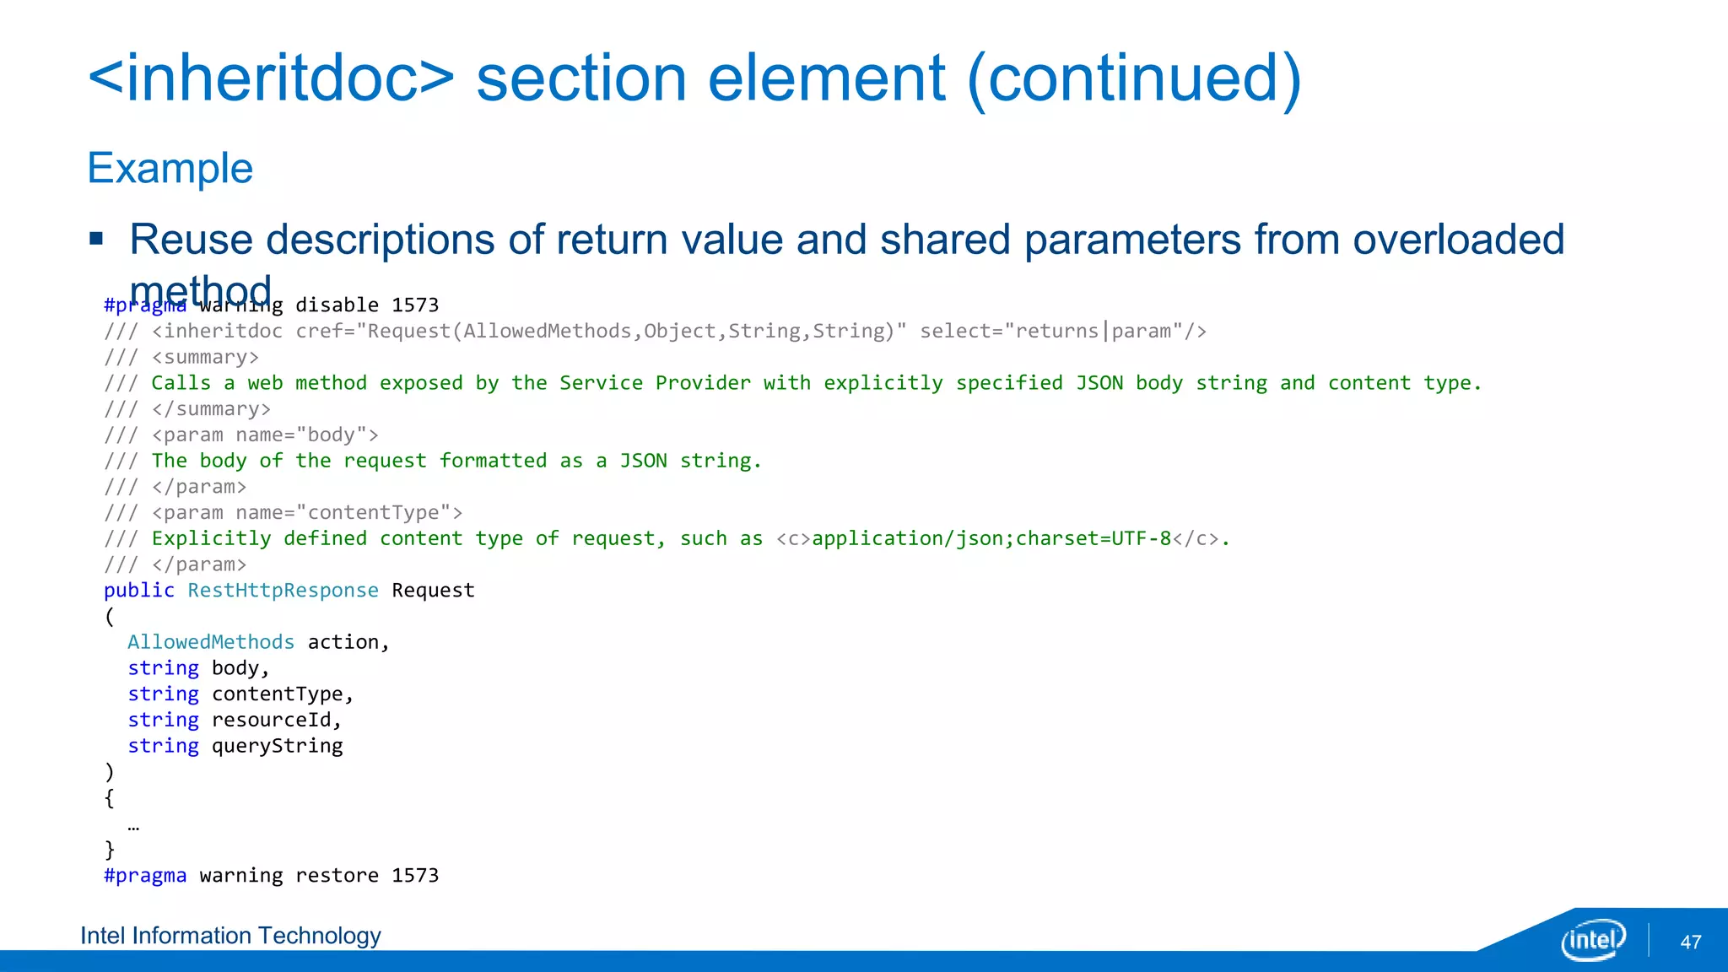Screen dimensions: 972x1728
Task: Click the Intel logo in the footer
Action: pos(1593,940)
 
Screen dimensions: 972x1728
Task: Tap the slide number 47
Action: pos(1691,942)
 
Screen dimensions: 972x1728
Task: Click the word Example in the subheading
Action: pos(170,168)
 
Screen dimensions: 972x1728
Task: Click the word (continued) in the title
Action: pos(1134,78)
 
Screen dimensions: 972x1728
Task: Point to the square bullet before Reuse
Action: pos(96,239)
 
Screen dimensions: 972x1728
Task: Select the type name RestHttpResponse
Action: pos(283,591)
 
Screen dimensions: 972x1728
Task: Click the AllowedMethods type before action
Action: pos(211,642)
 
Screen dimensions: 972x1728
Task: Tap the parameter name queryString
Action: pos(277,746)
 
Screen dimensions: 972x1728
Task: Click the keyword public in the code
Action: pos(139,591)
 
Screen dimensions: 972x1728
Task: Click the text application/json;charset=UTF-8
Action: pos(991,538)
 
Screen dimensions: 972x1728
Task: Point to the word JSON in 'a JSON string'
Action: pos(643,461)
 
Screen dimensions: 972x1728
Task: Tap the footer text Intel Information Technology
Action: pos(230,936)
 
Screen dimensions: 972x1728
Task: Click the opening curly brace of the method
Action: pos(110,797)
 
